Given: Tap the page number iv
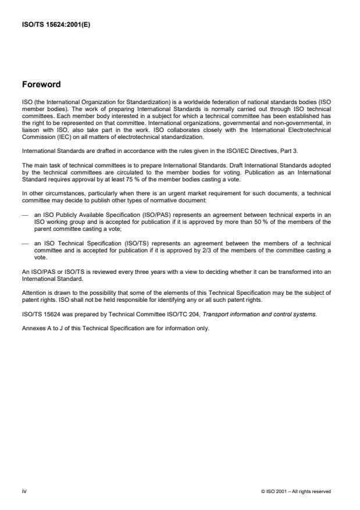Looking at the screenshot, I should [24, 492].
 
